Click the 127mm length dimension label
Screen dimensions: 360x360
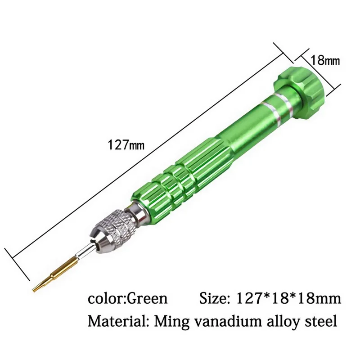[126, 145]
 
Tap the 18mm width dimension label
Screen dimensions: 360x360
[325, 61]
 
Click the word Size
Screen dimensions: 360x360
[215, 299]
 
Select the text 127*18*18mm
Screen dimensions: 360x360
[288, 299]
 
